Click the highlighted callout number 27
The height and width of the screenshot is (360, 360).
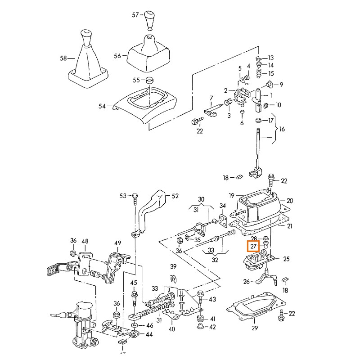click(253, 246)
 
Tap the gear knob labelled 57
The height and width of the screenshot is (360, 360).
click(150, 20)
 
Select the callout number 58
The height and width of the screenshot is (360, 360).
click(63, 58)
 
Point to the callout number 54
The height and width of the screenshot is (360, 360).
click(102, 106)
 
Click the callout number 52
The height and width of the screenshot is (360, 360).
click(175, 196)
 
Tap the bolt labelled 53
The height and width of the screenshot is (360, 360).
click(135, 197)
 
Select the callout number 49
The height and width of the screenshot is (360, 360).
click(117, 243)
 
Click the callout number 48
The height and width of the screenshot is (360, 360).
click(85, 242)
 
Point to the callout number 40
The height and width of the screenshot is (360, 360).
click(171, 329)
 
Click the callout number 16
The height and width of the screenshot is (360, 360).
click(282, 129)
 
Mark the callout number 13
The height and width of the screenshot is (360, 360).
click(270, 58)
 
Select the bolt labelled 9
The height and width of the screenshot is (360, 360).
click(270, 84)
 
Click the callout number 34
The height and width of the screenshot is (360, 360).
click(222, 206)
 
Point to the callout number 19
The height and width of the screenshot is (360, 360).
click(231, 196)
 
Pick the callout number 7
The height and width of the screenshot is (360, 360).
click(211, 98)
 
